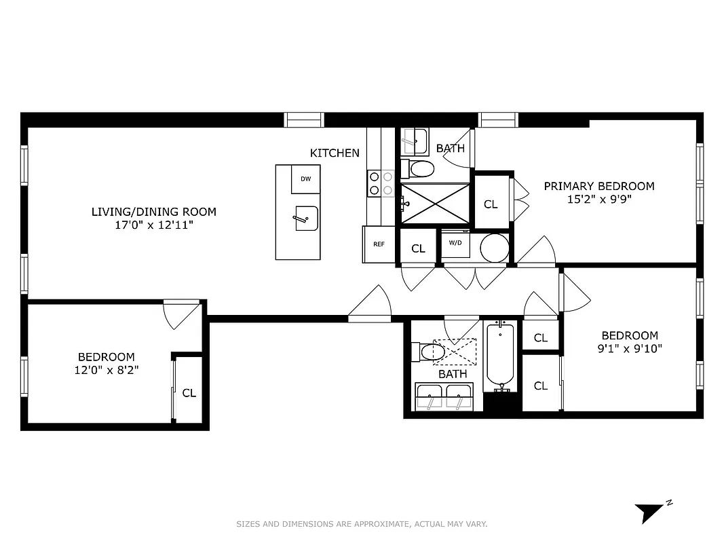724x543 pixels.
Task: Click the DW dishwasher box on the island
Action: click(x=306, y=179)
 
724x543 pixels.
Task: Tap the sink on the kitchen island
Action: click(x=307, y=219)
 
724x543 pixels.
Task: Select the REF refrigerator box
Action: click(x=379, y=244)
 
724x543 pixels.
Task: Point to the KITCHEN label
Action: click(x=335, y=153)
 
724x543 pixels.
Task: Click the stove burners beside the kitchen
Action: click(x=380, y=183)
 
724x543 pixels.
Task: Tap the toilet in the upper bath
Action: click(x=419, y=168)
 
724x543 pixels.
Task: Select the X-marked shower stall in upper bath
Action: click(x=435, y=202)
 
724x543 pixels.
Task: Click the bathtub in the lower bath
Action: click(x=501, y=356)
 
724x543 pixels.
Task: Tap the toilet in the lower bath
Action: click(x=429, y=352)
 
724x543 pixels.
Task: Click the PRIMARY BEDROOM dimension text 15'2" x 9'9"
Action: click(x=599, y=200)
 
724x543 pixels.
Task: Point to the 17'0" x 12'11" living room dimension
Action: click(x=154, y=225)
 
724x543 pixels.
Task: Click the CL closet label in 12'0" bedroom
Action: click(x=189, y=393)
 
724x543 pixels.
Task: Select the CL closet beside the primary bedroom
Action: click(x=491, y=204)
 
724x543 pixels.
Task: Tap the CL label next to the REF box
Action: click(x=418, y=248)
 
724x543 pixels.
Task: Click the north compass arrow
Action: click(x=649, y=510)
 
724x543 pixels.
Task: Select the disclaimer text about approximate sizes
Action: click(x=362, y=524)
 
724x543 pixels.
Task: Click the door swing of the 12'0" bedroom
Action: click(x=181, y=314)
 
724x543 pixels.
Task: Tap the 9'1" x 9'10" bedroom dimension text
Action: click(x=630, y=349)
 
